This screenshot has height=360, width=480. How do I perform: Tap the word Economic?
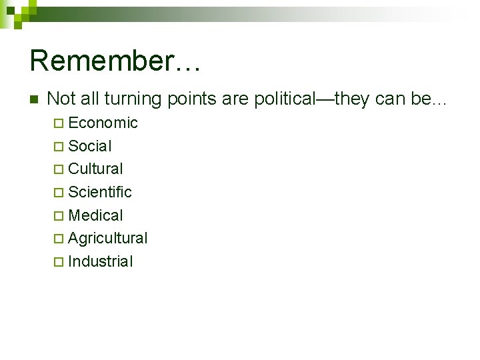point(103,123)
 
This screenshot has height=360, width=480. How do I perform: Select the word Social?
point(90,146)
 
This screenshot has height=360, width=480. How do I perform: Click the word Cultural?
point(95,169)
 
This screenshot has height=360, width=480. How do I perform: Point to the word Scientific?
point(100,192)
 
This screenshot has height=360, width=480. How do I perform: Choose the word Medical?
point(95,215)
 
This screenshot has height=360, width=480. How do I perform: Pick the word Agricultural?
point(108,238)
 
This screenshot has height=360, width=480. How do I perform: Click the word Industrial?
point(101,261)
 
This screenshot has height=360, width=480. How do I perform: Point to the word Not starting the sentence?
point(59,99)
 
